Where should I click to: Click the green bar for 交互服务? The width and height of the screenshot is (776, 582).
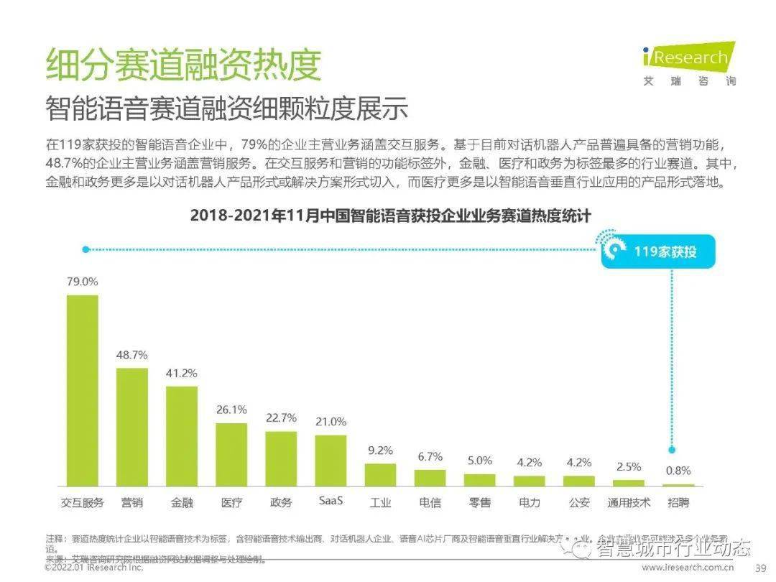pos(82,391)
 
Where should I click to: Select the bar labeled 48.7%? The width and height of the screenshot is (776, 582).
pos(132,428)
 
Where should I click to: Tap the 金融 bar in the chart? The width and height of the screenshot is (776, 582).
pos(182,437)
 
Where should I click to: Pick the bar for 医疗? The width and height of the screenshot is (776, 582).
pos(231,455)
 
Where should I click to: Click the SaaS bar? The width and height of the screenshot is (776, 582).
pos(331,461)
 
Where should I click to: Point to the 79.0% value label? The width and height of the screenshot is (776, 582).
pos(82,282)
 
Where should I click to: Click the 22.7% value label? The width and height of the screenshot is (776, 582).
pos(281,417)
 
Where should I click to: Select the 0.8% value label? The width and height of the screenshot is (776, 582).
pos(678,471)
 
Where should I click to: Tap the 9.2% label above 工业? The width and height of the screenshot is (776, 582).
pos(380,451)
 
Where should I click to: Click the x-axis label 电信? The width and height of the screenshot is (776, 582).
pos(430,502)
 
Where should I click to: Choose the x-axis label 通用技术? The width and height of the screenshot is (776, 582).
pos(629,502)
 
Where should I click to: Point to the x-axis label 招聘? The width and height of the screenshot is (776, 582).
pos(678,502)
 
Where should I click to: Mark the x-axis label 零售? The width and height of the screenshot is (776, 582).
pos(479,502)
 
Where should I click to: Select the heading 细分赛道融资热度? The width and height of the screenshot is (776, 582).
pos(183,65)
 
